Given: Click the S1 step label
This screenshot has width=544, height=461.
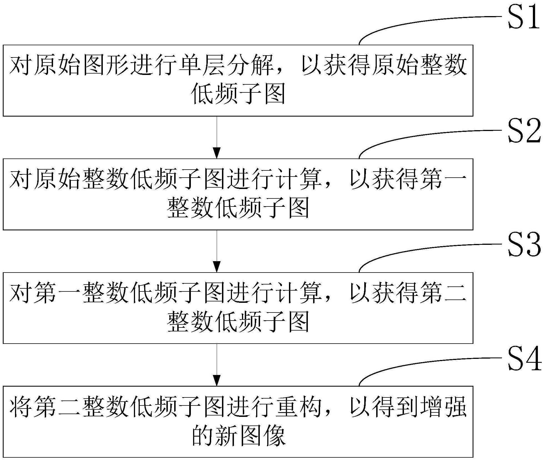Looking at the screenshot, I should (523, 17).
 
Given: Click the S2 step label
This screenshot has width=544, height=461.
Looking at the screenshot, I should (523, 131).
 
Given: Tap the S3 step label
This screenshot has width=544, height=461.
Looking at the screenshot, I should (523, 245).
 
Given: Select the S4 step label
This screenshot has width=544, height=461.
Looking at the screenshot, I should (523, 359).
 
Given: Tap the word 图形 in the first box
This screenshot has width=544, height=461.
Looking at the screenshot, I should (106, 66).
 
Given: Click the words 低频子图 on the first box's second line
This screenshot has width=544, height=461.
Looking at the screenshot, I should (238, 95).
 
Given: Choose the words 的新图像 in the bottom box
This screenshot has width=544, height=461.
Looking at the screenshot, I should (238, 436).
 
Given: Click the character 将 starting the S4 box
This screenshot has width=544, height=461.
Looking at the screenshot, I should (21, 407).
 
